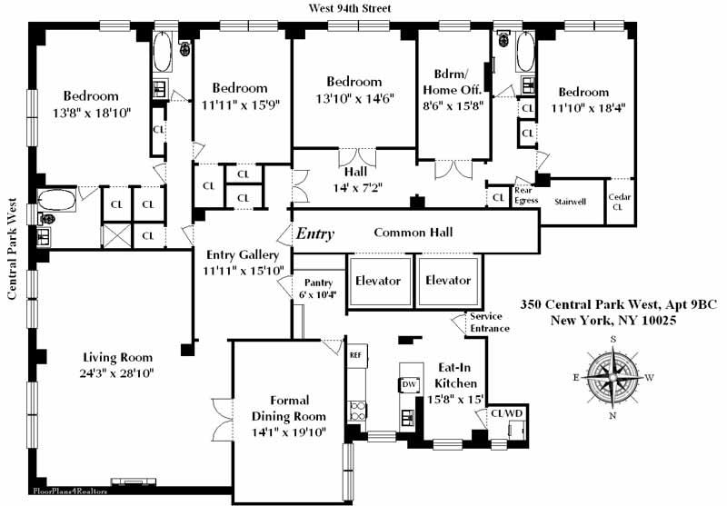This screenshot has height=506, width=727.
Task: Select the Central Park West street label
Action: [x=14, y=250]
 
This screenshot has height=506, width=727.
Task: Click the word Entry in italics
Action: [x=314, y=233]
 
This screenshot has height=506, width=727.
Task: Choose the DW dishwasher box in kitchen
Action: [x=409, y=384]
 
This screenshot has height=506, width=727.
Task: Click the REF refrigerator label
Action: [x=356, y=354]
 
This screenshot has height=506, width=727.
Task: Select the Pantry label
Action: [x=318, y=283]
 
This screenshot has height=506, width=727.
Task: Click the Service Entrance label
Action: [x=490, y=322]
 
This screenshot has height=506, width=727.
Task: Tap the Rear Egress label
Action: [x=525, y=194]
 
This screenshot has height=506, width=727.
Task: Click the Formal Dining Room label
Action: [x=289, y=408]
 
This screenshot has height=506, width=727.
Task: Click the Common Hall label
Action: [x=413, y=233]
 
